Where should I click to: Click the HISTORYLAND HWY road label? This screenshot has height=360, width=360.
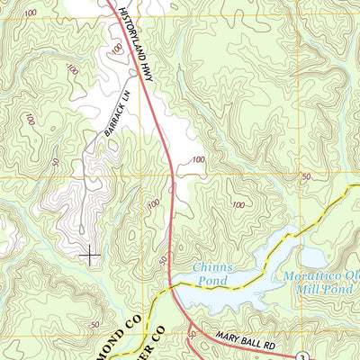point(136,31)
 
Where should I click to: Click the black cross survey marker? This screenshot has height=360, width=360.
point(90,256)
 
